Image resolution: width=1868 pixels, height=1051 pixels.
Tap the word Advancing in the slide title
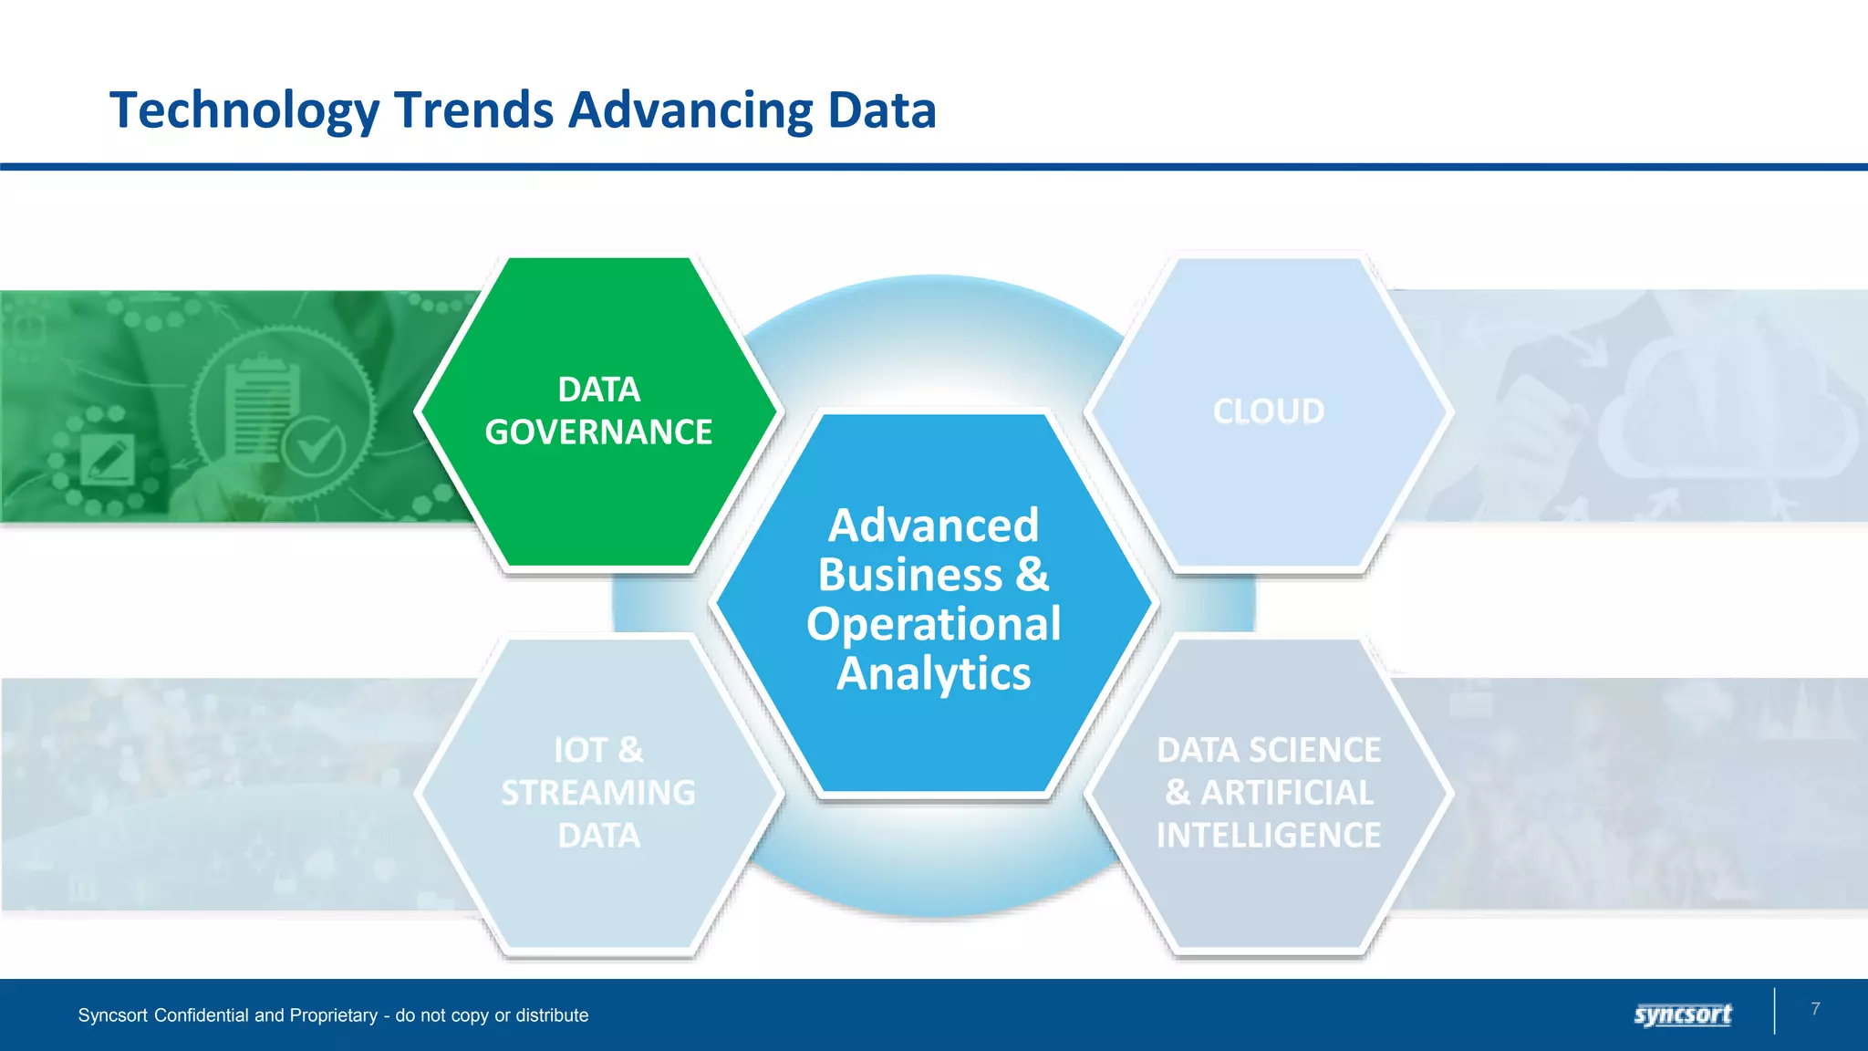point(690,111)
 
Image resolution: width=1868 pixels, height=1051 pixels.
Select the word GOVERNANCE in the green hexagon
point(598,432)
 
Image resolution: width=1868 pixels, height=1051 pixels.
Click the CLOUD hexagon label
point(1268,411)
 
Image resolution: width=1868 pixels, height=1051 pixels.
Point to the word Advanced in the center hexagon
point(933,525)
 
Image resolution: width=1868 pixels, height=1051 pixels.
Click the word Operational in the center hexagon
point(933,624)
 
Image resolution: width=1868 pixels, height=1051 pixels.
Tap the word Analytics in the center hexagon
point(933,673)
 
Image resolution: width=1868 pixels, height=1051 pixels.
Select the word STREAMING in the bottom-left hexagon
point(598,793)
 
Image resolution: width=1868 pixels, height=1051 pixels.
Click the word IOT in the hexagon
point(580,751)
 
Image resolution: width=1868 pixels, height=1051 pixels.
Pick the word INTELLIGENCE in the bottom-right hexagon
point(1268,835)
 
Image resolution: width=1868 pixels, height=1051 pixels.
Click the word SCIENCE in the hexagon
point(1327,750)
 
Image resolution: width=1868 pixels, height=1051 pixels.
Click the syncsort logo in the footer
point(1682,1015)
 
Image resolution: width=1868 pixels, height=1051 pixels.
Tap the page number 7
point(1815,1008)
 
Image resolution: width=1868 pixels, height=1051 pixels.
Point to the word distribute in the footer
point(552,1015)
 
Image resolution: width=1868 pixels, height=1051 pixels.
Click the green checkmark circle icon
point(313,446)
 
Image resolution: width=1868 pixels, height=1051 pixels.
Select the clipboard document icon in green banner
point(262,401)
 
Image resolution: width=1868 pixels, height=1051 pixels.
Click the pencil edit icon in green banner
point(108,459)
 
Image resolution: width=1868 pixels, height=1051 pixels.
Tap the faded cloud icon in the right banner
point(1728,420)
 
